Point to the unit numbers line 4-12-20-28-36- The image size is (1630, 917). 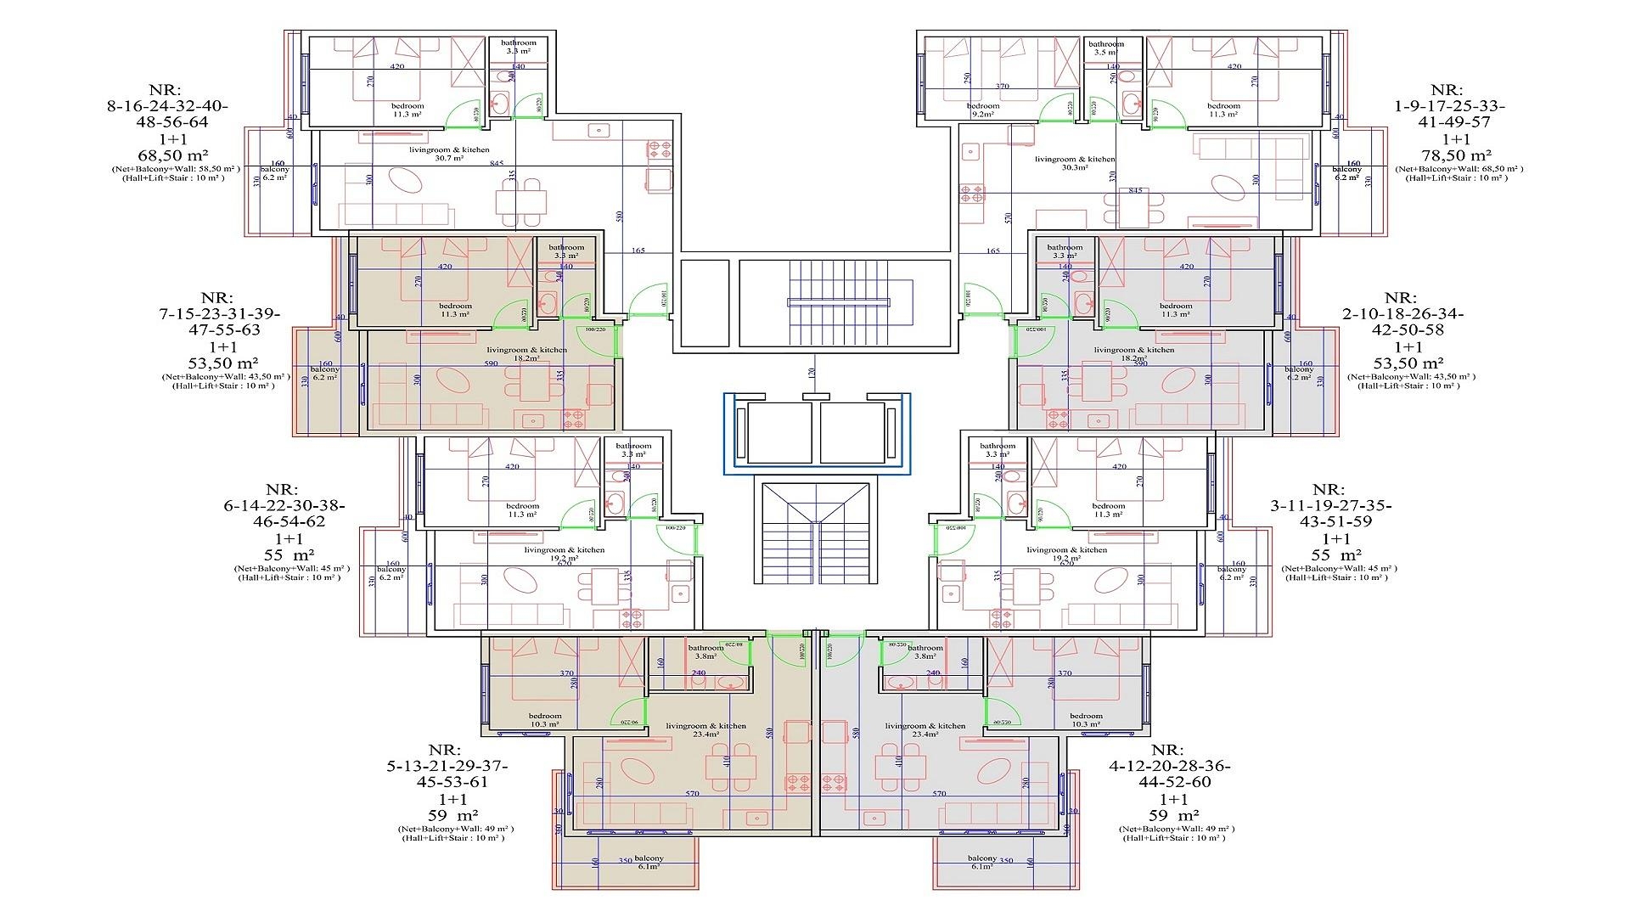pyautogui.click(x=1168, y=766)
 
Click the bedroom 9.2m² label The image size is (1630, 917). pyautogui.click(x=985, y=110)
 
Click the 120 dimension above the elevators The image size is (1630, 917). pyautogui.click(x=811, y=373)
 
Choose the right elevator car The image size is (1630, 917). pyautogui.click(x=852, y=432)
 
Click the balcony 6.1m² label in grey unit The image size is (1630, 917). pyautogui.click(x=982, y=862)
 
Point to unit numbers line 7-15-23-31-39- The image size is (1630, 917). pyautogui.click(x=220, y=313)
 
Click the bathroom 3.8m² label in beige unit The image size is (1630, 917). pyautogui.click(x=705, y=651)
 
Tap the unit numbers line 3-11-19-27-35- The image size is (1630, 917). pyautogui.click(x=1329, y=505)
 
